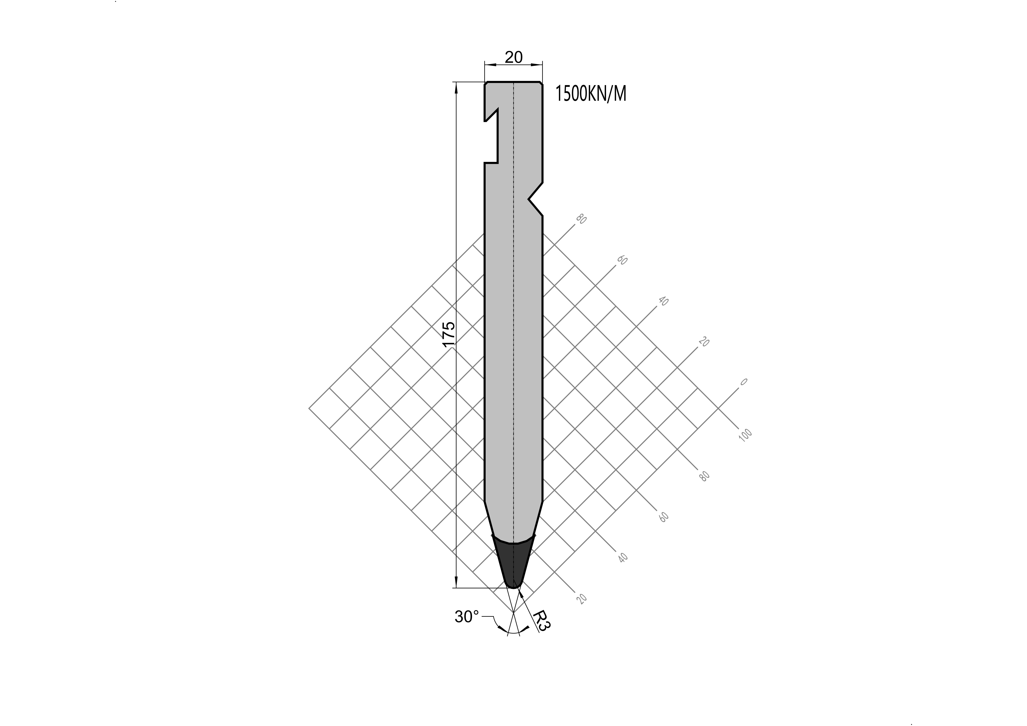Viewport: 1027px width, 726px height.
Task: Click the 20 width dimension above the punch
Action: tap(514, 57)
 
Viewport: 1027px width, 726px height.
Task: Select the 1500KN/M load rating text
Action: tap(590, 94)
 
